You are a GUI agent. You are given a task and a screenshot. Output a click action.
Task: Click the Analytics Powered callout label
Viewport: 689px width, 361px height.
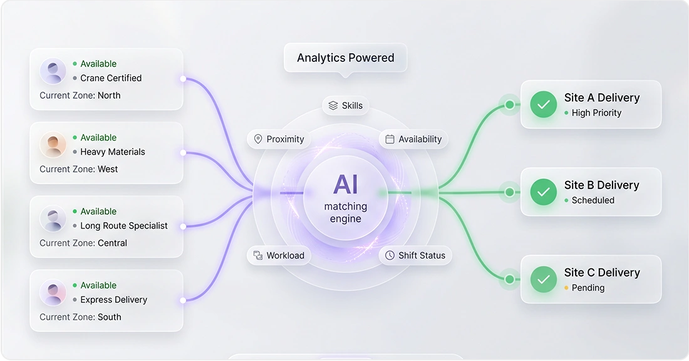tap(345, 58)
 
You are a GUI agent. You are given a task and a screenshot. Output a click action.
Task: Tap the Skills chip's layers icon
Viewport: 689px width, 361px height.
tap(333, 105)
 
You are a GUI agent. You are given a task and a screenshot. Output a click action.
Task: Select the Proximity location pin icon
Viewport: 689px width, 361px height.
tap(258, 140)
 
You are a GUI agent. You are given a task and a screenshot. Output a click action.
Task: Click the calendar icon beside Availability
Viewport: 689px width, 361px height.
tap(390, 140)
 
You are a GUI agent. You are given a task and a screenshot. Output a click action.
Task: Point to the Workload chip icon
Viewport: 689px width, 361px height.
tap(258, 256)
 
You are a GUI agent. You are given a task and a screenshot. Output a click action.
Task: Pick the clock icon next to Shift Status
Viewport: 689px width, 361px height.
tap(390, 256)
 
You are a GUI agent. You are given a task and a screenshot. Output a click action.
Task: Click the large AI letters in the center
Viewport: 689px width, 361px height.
tap(345, 185)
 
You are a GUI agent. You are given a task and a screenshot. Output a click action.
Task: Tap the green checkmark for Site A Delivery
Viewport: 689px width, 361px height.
tap(544, 104)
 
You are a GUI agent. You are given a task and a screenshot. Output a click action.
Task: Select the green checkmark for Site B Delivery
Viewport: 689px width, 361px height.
tap(544, 192)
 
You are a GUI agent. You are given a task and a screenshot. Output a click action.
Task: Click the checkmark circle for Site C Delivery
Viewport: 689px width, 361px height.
tap(544, 279)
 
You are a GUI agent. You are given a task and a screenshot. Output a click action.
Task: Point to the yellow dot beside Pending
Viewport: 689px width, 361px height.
tap(566, 288)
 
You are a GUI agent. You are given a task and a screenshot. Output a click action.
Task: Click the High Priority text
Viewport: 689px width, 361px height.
tap(596, 113)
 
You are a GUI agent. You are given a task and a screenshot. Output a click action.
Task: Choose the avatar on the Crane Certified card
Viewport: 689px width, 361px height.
tap(53, 71)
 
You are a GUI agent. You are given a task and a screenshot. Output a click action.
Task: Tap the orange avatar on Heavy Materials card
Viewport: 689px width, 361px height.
tap(53, 145)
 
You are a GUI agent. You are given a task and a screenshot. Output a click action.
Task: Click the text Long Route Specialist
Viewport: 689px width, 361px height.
tap(124, 226)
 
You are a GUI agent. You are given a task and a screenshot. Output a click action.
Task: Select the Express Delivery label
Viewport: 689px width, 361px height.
tap(114, 300)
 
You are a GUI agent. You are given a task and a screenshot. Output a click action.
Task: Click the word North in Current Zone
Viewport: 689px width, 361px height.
tap(109, 95)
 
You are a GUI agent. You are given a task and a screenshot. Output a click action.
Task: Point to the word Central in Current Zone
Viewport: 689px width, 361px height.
tap(113, 243)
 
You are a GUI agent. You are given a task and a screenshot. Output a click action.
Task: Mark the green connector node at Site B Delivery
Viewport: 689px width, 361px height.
tap(509, 192)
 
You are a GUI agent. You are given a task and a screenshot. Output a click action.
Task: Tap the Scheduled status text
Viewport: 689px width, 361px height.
tap(593, 200)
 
